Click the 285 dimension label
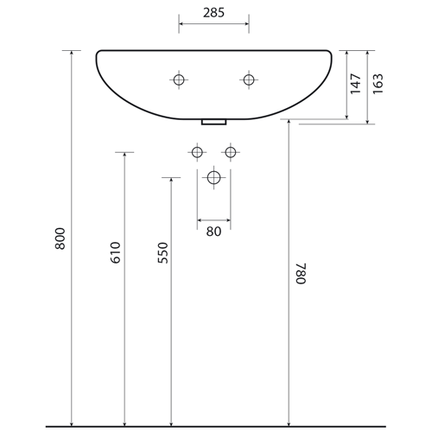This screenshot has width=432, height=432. click(x=213, y=13)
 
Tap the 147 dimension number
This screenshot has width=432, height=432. click(x=356, y=84)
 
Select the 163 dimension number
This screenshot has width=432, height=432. click(x=378, y=84)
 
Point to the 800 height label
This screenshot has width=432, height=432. click(x=60, y=238)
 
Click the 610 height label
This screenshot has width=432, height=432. click(x=116, y=252)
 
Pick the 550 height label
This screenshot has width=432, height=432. click(x=163, y=252)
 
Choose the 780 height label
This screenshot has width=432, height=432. click(x=302, y=273)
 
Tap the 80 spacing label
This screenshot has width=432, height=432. click(x=213, y=232)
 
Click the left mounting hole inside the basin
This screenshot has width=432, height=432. click(x=179, y=79)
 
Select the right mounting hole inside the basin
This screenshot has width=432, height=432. click(x=249, y=79)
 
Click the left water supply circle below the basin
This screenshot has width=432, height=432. click(x=197, y=152)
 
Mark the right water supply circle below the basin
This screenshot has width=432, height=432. click(x=231, y=152)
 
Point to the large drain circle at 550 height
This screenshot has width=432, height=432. click(x=213, y=177)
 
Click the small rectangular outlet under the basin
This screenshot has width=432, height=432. click(x=214, y=122)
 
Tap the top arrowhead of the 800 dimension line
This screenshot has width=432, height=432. click(x=72, y=54)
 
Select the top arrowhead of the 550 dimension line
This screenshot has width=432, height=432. click(x=171, y=181)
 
